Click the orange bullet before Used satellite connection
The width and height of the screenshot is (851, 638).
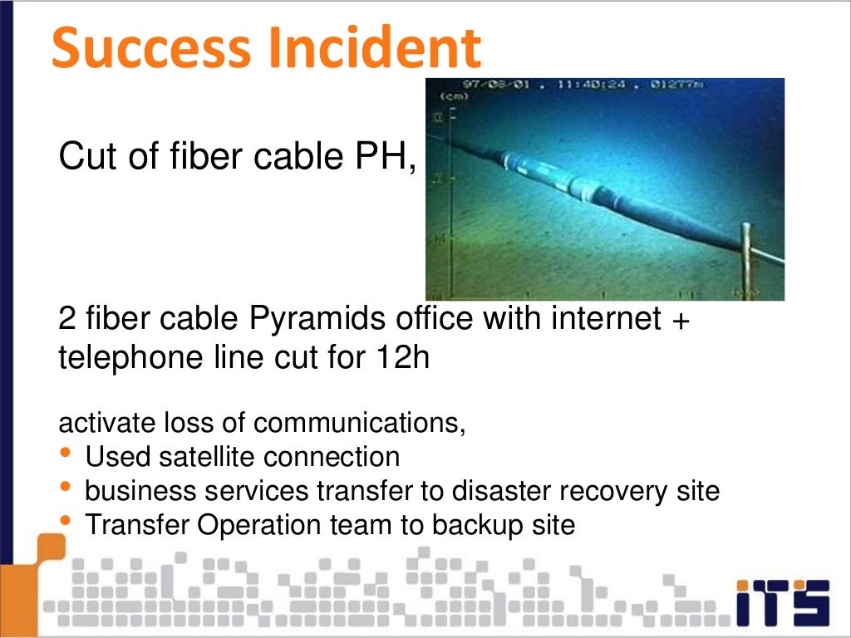click(x=66, y=453)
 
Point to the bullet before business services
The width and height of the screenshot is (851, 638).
click(x=66, y=487)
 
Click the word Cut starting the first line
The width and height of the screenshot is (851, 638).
click(x=86, y=157)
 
